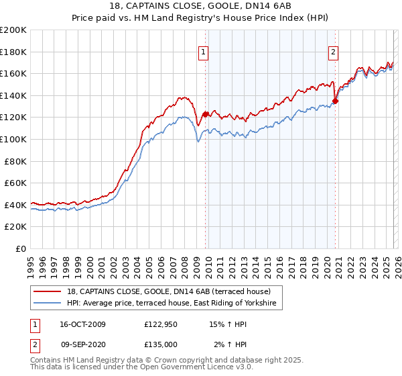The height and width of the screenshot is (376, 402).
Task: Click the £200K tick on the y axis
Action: click(13, 30)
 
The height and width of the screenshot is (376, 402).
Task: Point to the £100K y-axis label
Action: click(13, 139)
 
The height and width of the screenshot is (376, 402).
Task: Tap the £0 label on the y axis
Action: click(21, 248)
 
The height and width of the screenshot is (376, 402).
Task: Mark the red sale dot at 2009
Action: click(205, 114)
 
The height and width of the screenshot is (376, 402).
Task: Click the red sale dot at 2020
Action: click(336, 101)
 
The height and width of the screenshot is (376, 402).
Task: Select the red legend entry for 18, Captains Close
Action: click(167, 292)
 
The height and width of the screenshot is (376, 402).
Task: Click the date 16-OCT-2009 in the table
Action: click(82, 324)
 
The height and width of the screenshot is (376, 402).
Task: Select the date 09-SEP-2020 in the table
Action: click(82, 344)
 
